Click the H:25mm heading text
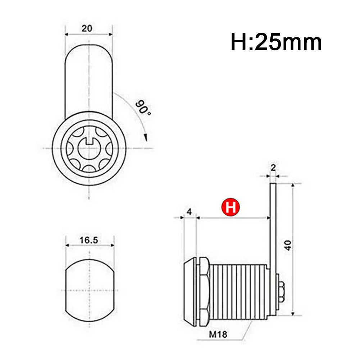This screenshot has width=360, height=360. click(276, 42)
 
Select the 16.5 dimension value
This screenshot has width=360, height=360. click(89, 240)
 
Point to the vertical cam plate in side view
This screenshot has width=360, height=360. click(273, 230)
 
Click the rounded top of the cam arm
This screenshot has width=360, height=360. click(89, 50)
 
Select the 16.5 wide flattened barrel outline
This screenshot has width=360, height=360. click(89, 290)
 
